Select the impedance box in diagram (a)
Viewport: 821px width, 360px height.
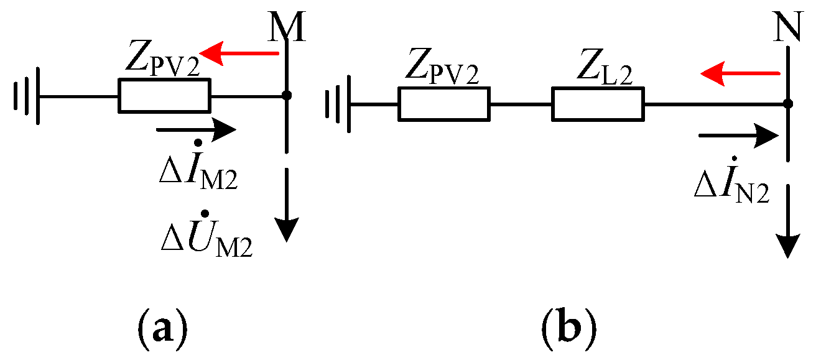click(x=164, y=96)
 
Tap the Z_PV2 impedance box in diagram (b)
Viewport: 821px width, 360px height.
click(x=444, y=103)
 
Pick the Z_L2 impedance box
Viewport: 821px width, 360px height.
click(x=598, y=103)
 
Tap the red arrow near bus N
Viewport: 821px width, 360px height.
click(x=740, y=74)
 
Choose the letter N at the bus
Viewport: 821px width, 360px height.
click(x=787, y=29)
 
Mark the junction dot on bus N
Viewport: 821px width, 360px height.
click(x=787, y=103)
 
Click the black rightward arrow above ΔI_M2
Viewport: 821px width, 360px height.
click(x=197, y=130)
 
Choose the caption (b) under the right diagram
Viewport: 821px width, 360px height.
click(x=568, y=323)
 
